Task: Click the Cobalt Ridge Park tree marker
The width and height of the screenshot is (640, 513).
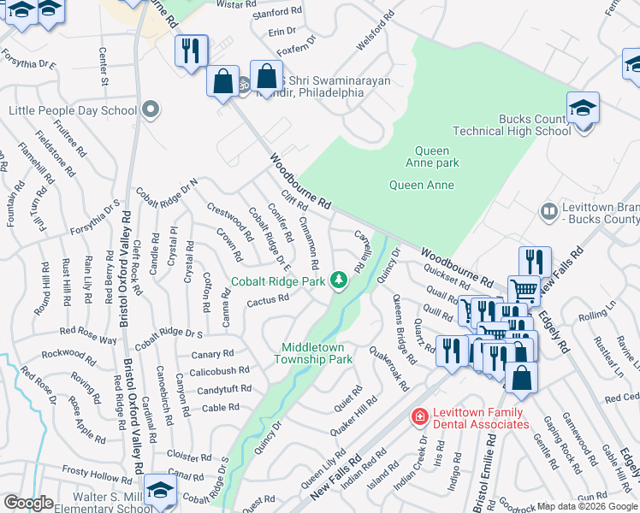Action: click(340, 280)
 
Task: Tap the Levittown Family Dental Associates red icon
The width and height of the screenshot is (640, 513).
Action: click(420, 416)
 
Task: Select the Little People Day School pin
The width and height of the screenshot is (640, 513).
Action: click(151, 109)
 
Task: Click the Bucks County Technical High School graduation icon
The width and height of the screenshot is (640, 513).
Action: click(583, 109)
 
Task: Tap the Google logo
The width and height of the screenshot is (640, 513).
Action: click(29, 503)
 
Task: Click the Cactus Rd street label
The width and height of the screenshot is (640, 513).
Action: click(268, 301)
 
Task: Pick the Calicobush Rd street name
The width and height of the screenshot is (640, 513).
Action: click(219, 371)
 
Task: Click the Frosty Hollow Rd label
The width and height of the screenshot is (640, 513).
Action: click(97, 474)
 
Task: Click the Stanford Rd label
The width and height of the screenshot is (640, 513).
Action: click(278, 12)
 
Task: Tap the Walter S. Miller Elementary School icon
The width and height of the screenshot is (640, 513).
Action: click(159, 490)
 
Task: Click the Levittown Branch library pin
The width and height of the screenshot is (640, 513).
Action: click(548, 209)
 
